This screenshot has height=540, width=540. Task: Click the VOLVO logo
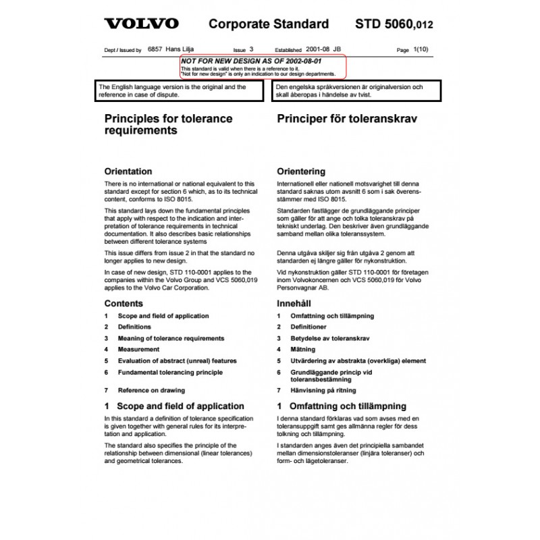pos(141,24)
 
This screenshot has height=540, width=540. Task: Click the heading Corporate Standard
pos(269,24)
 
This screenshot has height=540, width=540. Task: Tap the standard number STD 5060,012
pos(394,25)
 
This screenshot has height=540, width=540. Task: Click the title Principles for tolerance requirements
pos(168,124)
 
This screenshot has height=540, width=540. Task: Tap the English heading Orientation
pos(128,171)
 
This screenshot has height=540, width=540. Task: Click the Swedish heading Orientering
pos(301,171)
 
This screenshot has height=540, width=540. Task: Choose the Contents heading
pos(124,304)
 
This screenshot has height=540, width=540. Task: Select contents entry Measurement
pos(138,350)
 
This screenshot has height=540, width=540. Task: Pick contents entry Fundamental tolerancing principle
pos(169,372)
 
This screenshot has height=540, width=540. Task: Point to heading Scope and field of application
pos(174,406)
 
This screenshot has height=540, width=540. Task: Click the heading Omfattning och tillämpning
pos(342,406)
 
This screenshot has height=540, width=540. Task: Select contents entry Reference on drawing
pos(151,390)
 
